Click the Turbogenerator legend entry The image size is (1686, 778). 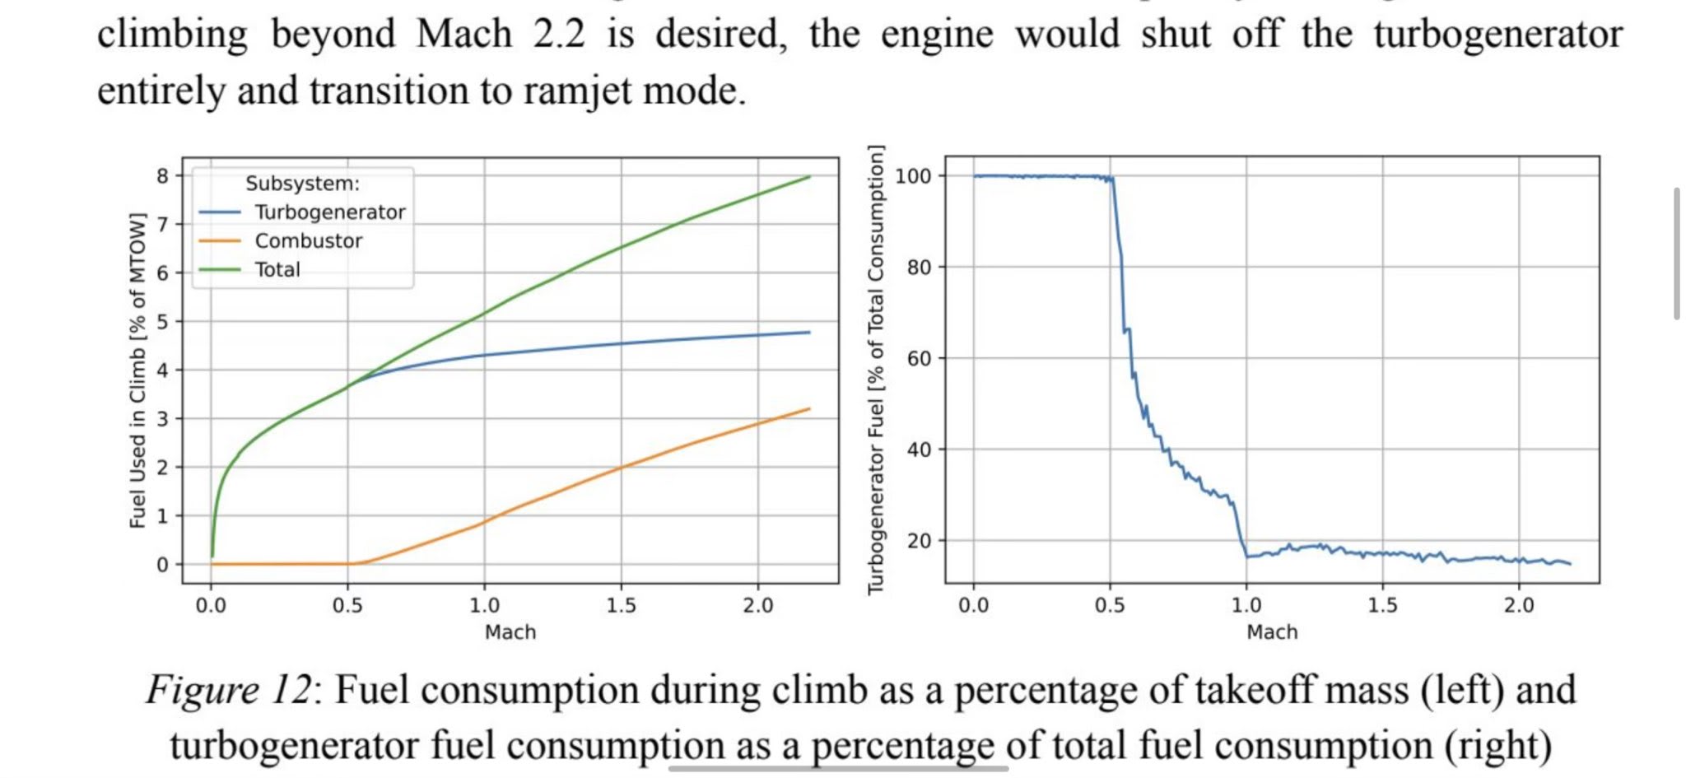329,212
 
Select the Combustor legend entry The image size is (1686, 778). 308,241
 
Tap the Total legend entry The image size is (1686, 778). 277,270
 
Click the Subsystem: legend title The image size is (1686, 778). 302,184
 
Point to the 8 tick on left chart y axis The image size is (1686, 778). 162,176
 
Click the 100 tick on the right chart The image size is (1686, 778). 913,176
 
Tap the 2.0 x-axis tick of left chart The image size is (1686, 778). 757,606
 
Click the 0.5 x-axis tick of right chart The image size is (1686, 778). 1110,606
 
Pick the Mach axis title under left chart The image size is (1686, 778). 510,632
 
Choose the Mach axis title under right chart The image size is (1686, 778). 1272,632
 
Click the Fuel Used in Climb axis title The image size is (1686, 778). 138,370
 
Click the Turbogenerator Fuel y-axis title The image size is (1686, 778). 876,370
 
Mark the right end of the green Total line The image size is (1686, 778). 810,177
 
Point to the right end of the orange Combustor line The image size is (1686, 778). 810,408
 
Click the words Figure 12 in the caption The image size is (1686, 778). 230,690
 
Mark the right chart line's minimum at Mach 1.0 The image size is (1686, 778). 1247,557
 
